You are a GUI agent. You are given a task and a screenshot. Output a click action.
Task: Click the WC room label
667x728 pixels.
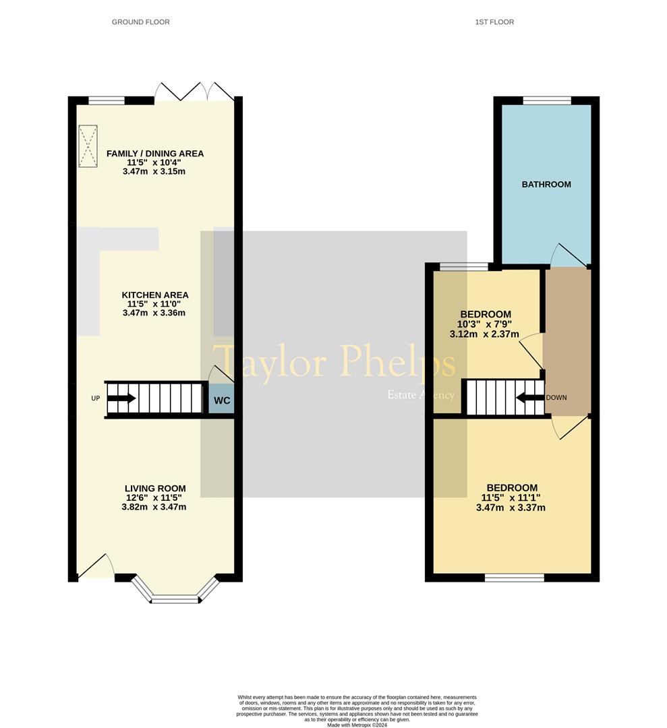[222, 400]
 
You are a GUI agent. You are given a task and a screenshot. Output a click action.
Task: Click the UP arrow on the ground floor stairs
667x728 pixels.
[121, 398]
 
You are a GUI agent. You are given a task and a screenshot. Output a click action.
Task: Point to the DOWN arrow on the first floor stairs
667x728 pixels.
[530, 397]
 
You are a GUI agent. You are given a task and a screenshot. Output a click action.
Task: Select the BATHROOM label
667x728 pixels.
[546, 184]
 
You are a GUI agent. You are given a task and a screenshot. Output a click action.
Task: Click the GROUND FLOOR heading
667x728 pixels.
[140, 22]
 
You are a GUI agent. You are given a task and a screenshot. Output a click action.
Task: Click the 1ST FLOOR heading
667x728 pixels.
[494, 22]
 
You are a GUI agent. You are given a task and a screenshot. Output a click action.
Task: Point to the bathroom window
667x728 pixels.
[547, 101]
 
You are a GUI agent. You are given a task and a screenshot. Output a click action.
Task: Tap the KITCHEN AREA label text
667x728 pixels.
[155, 295]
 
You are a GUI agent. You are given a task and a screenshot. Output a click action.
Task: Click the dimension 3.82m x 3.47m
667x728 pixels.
[154, 507]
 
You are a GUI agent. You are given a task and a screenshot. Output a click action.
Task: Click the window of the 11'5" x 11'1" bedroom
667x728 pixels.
[515, 578]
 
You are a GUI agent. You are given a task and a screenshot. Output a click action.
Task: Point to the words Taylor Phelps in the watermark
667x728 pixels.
[335, 363]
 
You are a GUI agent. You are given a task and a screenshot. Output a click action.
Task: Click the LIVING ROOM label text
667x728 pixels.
[155, 489]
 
